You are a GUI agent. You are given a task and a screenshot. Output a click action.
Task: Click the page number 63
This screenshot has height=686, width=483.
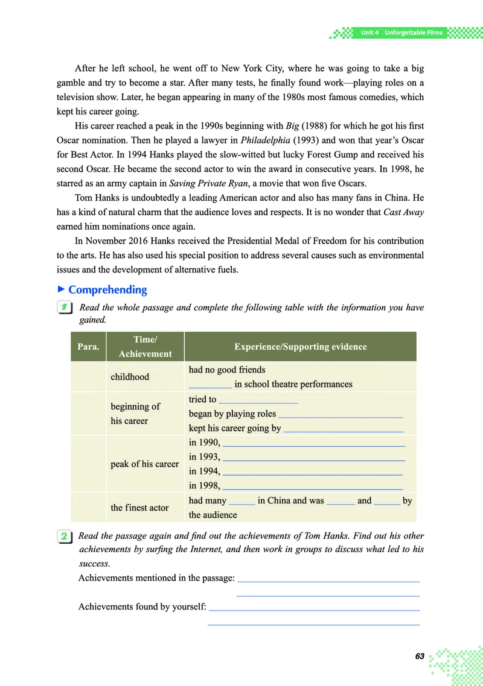point(420,656)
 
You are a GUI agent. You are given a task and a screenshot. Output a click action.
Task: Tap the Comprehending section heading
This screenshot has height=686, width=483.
point(107,289)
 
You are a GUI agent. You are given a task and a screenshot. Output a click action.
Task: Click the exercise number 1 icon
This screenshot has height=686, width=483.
point(63,308)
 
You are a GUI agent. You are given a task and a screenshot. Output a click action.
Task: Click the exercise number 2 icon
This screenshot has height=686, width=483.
point(63,536)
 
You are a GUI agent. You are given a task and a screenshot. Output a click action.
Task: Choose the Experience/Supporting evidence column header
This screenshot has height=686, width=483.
point(300,347)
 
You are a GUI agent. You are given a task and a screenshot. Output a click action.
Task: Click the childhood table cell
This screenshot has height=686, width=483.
point(130,377)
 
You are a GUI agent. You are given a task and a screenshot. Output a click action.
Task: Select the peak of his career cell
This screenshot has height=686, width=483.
point(145,464)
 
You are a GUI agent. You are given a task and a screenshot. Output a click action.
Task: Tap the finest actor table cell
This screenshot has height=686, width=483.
point(139,508)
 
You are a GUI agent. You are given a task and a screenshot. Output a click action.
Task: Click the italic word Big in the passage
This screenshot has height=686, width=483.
point(293,126)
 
